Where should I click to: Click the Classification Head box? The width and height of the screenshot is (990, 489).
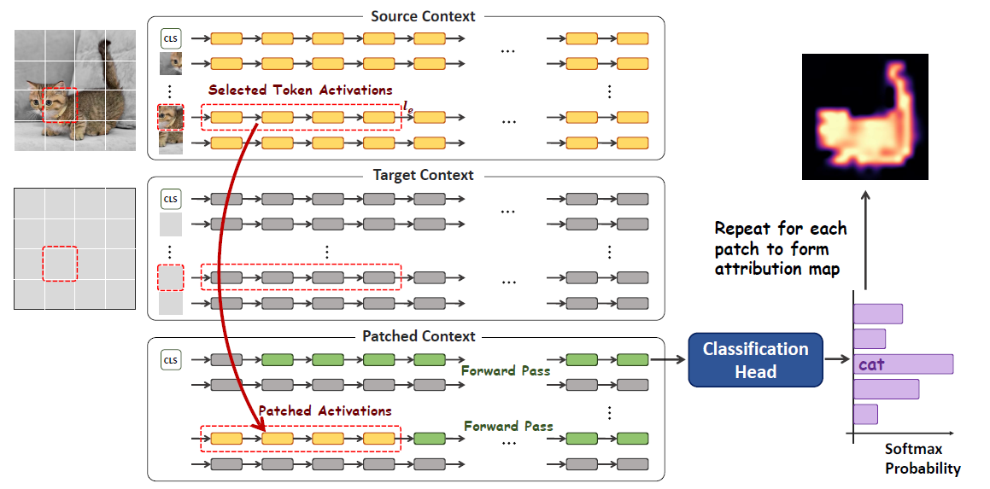coord(756,359)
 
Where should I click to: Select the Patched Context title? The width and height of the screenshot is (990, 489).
coord(419,335)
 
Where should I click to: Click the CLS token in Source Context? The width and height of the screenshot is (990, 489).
coord(171,38)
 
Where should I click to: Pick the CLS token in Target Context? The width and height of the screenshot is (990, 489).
coord(171,199)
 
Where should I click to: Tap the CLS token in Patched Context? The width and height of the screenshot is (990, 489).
coord(171,359)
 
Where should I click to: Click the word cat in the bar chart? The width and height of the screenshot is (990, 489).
coord(871,365)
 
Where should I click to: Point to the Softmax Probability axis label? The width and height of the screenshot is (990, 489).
coord(923,459)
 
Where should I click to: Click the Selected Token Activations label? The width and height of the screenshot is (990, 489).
coord(301,90)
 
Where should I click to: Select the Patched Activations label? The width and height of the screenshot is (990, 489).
coord(325,410)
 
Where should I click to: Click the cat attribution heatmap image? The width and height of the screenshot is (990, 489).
coord(865,117)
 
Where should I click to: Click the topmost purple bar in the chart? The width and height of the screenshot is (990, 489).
coord(877,313)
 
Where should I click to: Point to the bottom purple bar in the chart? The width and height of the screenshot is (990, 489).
coord(865,414)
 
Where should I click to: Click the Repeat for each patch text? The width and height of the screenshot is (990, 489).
coord(781,248)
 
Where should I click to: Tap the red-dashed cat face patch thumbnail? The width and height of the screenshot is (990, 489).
coord(171,118)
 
